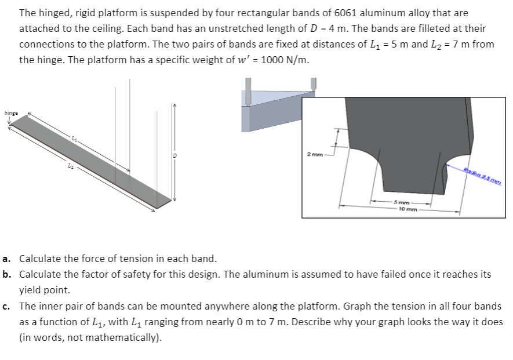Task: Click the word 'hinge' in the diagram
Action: (11, 112)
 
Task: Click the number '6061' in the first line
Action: (318, 12)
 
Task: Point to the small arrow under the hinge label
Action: (10, 120)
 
